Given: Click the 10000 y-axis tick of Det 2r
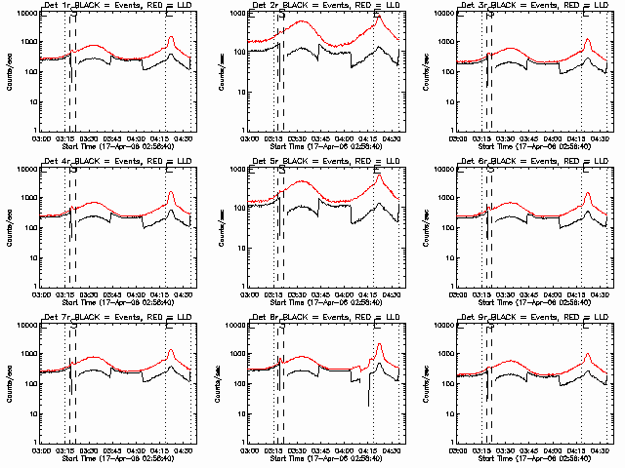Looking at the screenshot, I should tap(232, 13).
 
